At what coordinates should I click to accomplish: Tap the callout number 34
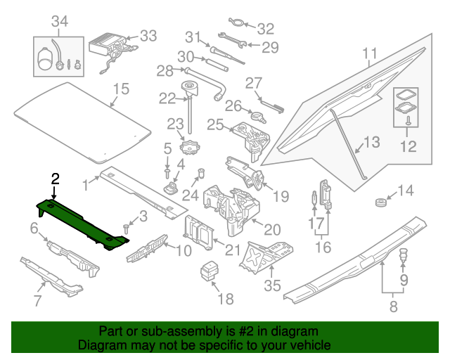pyautogui.click(x=59, y=21)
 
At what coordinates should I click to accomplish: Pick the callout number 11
pyautogui.click(x=370, y=53)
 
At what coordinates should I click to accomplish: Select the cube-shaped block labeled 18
pyautogui.click(x=208, y=270)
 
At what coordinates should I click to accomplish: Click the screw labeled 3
pyautogui.click(x=127, y=228)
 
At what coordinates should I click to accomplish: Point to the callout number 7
pyautogui.click(x=37, y=302)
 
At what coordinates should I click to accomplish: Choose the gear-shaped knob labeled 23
pyautogui.click(x=188, y=148)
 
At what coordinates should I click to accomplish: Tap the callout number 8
pyautogui.click(x=392, y=306)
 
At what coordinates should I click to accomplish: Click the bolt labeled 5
pyautogui.click(x=167, y=171)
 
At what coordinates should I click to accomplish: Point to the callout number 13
pyautogui.click(x=371, y=142)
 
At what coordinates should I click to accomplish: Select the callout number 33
pyautogui.click(x=149, y=35)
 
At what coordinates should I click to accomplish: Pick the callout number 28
pyautogui.click(x=164, y=70)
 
